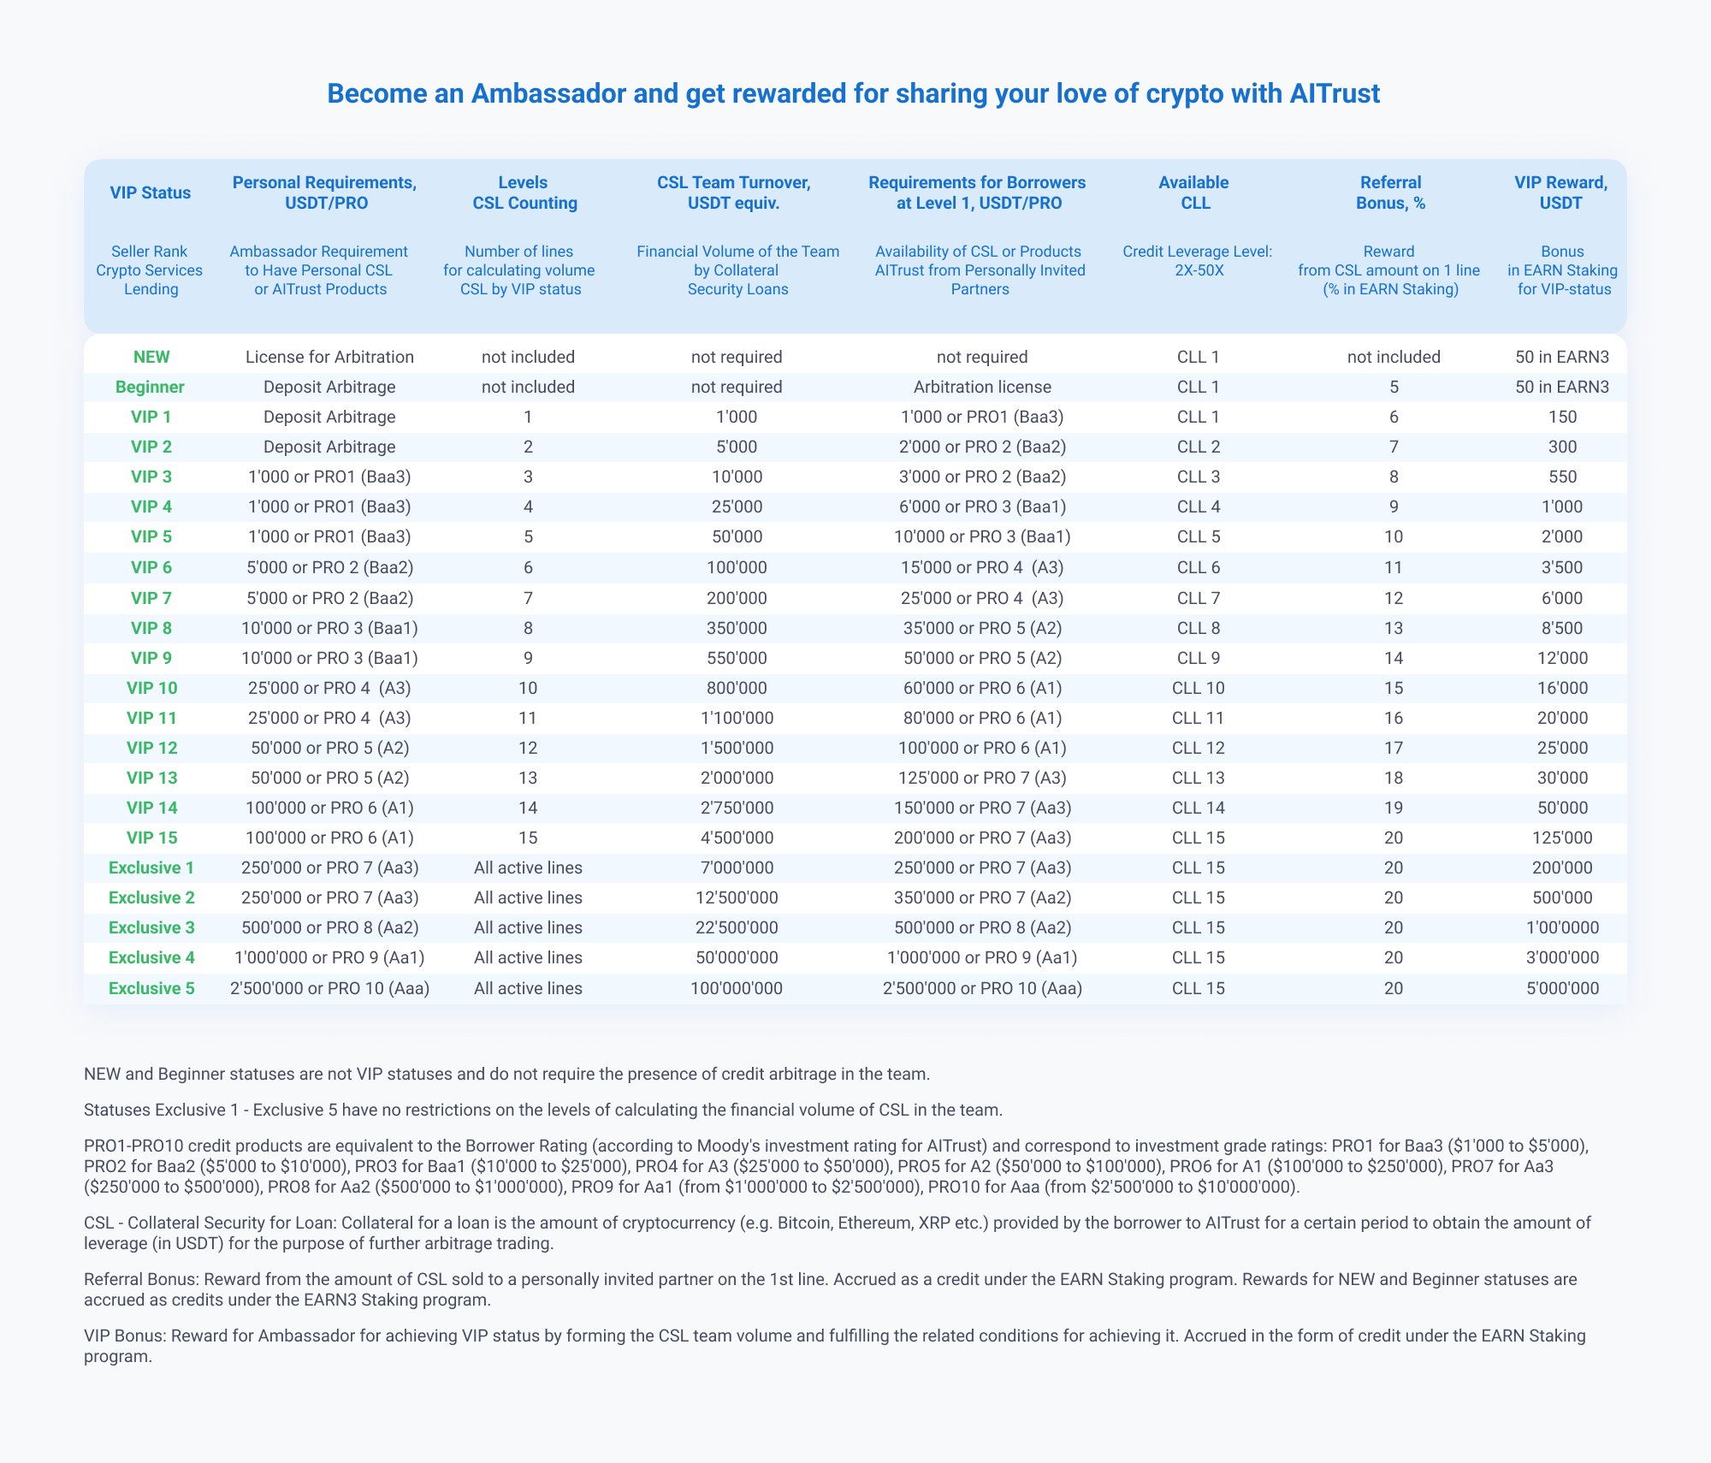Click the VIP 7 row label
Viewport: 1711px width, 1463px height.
(x=151, y=597)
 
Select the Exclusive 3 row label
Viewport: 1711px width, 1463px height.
(x=151, y=927)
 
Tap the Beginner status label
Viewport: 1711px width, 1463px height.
(x=151, y=387)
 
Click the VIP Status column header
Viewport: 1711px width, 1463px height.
(x=151, y=192)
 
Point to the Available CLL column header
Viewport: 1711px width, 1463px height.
(x=1193, y=192)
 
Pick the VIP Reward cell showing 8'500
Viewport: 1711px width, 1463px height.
(x=1562, y=628)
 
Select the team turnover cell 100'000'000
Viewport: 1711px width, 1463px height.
(x=737, y=988)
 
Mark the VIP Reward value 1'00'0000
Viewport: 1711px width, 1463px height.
(x=1562, y=927)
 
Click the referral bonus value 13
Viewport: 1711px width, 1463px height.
(x=1394, y=628)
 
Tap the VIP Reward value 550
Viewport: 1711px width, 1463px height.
(x=1562, y=477)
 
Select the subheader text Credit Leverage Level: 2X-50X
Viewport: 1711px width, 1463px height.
(x=1193, y=261)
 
